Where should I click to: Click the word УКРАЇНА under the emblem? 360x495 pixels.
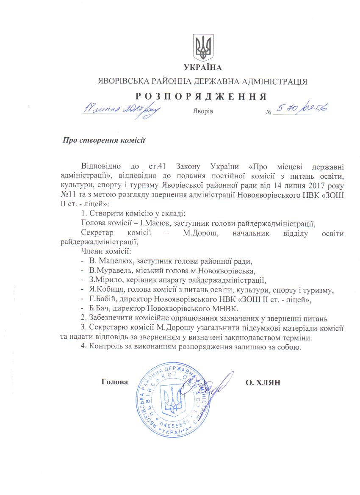tap(203, 68)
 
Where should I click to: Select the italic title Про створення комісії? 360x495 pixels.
tap(104, 140)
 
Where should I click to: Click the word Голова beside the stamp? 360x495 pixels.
tap(115, 382)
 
